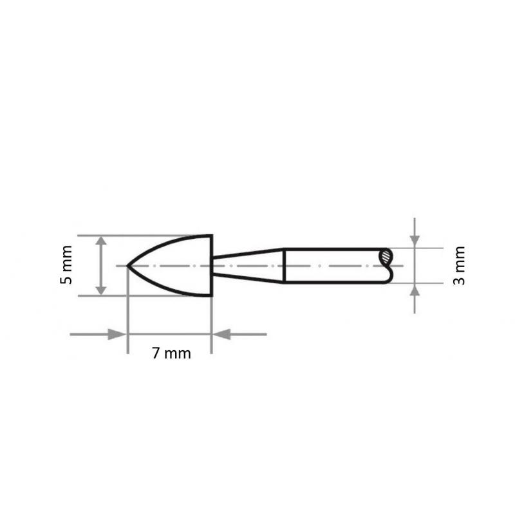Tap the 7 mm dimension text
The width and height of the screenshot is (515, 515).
point(171,353)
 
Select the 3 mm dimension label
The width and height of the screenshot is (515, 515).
point(458,265)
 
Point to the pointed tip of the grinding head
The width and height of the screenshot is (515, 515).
point(129,265)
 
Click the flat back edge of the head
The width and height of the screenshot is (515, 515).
point(212,265)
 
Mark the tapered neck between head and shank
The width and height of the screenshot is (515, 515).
point(248,265)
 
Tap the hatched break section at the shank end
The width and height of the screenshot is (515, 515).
point(386,257)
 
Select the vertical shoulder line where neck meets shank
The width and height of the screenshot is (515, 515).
point(284,265)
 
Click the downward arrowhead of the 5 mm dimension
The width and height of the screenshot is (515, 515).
point(101,289)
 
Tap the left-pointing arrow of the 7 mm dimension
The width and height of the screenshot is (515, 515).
point(222,334)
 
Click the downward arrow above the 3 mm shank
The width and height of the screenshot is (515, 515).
point(415,239)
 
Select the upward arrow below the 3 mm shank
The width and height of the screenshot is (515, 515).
point(415,291)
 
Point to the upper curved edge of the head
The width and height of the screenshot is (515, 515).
point(167,244)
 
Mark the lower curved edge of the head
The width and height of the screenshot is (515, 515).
point(167,287)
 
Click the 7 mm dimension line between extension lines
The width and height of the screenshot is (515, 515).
point(170,334)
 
